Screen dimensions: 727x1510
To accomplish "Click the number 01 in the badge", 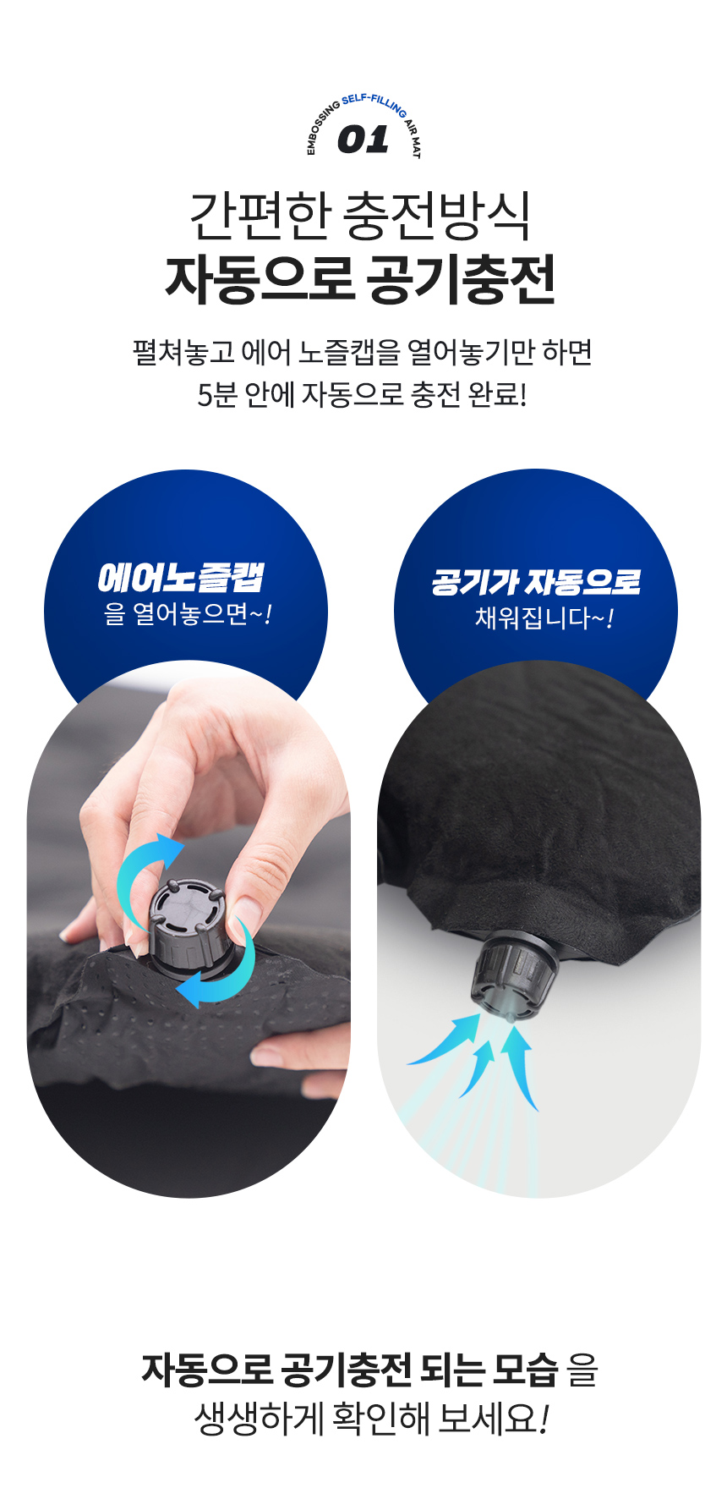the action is (363, 140).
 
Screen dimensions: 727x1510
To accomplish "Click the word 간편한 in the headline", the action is (259, 216).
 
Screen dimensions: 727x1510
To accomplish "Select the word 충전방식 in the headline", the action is (437, 217).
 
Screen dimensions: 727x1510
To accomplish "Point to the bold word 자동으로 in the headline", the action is (260, 279).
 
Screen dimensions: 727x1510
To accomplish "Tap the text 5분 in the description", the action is (216, 394).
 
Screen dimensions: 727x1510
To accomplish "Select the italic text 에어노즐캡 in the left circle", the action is (181, 578).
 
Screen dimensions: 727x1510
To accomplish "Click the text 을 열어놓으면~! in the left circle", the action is (187, 613).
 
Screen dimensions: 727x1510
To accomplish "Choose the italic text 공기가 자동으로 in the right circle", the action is (536, 581).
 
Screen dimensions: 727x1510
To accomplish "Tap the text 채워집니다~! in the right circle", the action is (544, 618).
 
